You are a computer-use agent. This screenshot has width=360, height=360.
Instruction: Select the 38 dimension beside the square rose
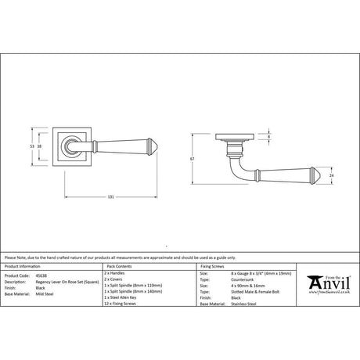[x=39, y=145]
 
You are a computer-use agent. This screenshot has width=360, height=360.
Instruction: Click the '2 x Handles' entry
[x=115, y=275]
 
